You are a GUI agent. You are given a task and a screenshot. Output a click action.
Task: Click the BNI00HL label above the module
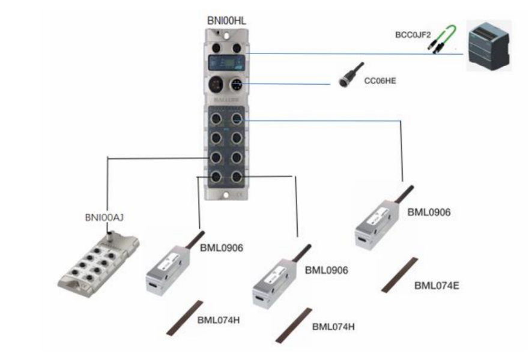coord(226,22)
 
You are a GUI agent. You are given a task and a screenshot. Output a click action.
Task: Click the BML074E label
coord(437,285)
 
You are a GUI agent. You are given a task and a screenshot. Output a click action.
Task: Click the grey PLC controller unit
coord(489,46)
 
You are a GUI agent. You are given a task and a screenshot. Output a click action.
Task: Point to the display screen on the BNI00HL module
coord(225,62)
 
